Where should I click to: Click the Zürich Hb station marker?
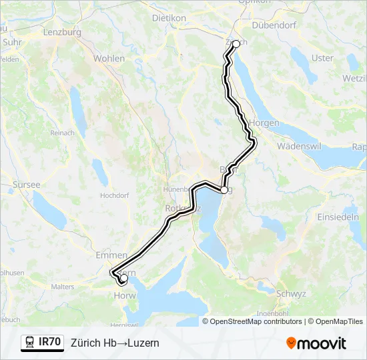(236, 44)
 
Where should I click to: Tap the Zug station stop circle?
(224, 189)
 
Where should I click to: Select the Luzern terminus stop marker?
(123, 280)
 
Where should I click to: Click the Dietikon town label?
(169, 18)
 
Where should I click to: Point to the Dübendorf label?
(274, 25)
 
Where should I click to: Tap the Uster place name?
(322, 58)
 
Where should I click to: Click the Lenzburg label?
(61, 32)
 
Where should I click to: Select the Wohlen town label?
(109, 59)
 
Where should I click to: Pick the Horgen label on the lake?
(265, 123)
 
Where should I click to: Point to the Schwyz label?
(291, 293)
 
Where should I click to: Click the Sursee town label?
(26, 185)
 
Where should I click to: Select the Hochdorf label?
(113, 195)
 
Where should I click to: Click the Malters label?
(62, 287)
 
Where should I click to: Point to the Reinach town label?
(63, 133)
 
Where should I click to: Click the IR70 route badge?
(43, 342)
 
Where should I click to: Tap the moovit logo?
(316, 343)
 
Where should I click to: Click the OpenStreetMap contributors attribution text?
(256, 321)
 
